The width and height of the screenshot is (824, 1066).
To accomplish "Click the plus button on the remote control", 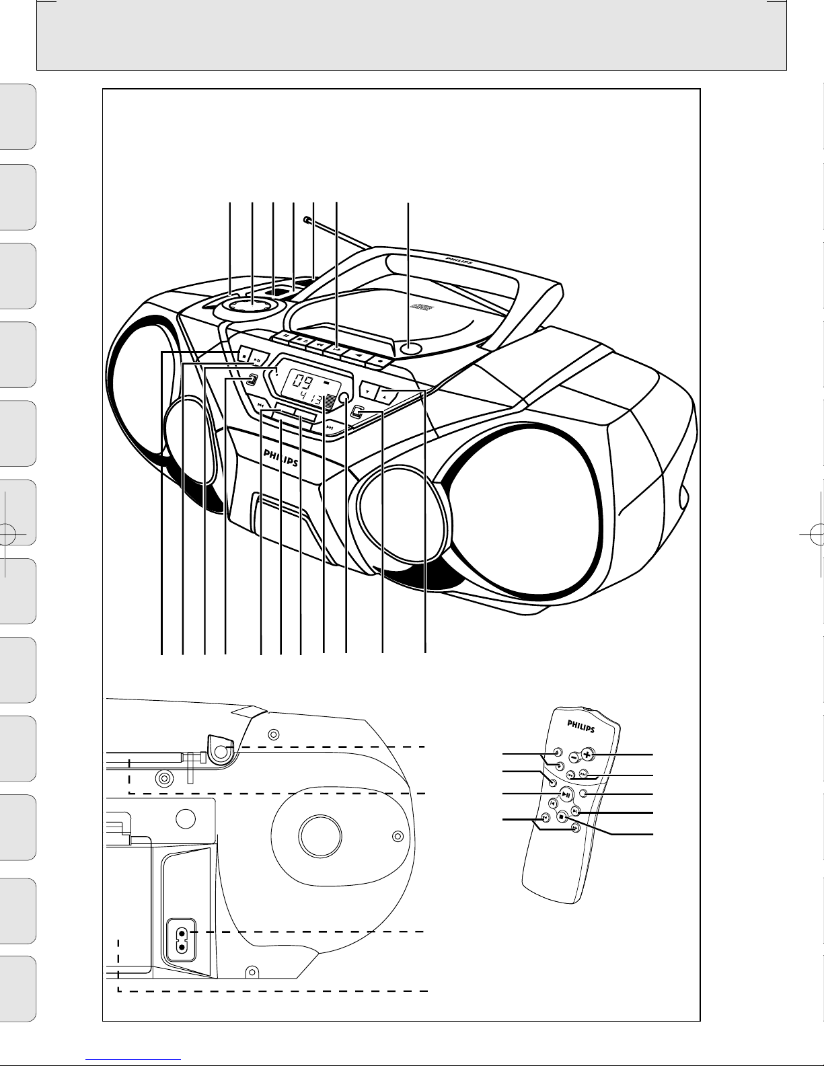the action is (x=587, y=754).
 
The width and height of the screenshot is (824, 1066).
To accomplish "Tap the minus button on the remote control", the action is (x=572, y=756).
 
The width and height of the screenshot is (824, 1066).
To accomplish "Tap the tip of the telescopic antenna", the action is (x=307, y=219).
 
